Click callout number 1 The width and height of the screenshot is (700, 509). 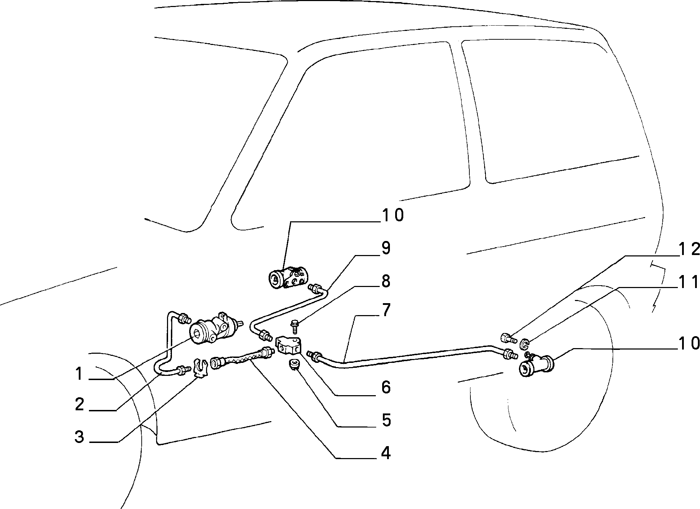point(80,374)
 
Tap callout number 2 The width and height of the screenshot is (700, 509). point(80,405)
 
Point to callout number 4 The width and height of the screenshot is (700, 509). point(386,453)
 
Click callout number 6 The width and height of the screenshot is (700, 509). point(386,387)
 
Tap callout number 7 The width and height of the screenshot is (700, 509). point(386,311)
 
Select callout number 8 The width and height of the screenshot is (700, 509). point(386,282)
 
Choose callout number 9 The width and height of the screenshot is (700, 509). point(386,249)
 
